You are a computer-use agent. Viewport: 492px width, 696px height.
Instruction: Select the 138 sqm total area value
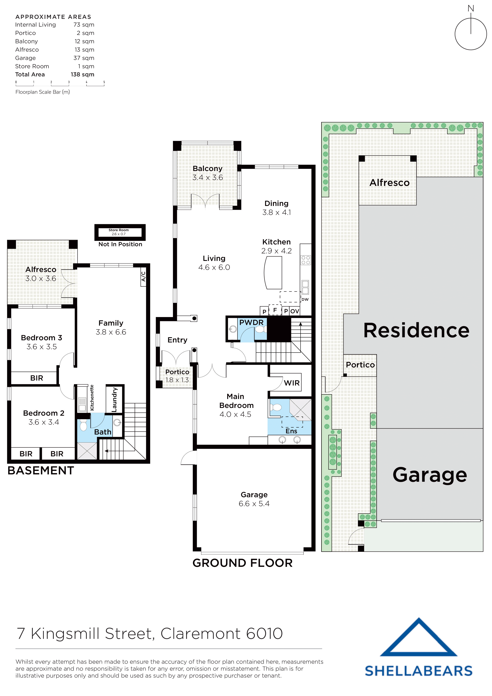click(83, 75)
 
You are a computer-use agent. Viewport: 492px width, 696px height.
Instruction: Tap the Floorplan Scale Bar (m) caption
click(43, 92)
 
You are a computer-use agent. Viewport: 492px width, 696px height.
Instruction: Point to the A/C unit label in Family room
click(144, 276)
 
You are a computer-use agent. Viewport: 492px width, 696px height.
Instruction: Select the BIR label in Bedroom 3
click(37, 378)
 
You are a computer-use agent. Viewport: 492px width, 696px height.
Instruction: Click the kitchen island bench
click(273, 273)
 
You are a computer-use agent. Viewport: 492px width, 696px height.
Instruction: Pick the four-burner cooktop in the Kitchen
click(306, 260)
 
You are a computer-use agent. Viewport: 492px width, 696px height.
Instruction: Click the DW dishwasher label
click(305, 300)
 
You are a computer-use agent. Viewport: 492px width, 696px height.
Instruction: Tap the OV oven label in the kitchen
click(295, 311)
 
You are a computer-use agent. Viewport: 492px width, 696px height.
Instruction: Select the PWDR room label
click(251, 323)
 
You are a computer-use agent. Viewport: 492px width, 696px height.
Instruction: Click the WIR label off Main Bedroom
click(292, 383)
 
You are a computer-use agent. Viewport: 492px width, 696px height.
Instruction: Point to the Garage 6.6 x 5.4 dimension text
click(254, 504)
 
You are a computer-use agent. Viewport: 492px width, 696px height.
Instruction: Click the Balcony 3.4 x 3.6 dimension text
click(208, 177)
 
